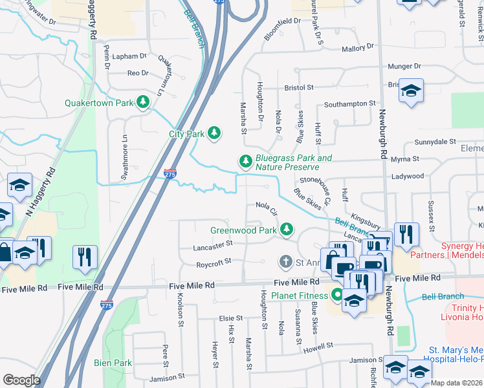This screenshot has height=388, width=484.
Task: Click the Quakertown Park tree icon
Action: click(x=142, y=103)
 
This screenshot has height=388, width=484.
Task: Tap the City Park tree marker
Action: click(x=214, y=134)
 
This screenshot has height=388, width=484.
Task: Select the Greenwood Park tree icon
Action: click(x=285, y=230)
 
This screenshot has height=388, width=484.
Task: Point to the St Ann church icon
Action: click(x=285, y=262)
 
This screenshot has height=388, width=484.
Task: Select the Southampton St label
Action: click(x=350, y=103)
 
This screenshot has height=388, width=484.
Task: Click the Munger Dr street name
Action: click(x=404, y=67)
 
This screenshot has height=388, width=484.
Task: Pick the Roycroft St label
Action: click(x=215, y=264)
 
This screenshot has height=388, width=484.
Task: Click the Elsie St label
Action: click(x=230, y=319)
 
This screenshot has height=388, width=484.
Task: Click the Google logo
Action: click(x=21, y=380)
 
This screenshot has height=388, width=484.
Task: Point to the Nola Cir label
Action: click(x=266, y=208)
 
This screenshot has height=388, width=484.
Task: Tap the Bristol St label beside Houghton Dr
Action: click(x=299, y=87)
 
